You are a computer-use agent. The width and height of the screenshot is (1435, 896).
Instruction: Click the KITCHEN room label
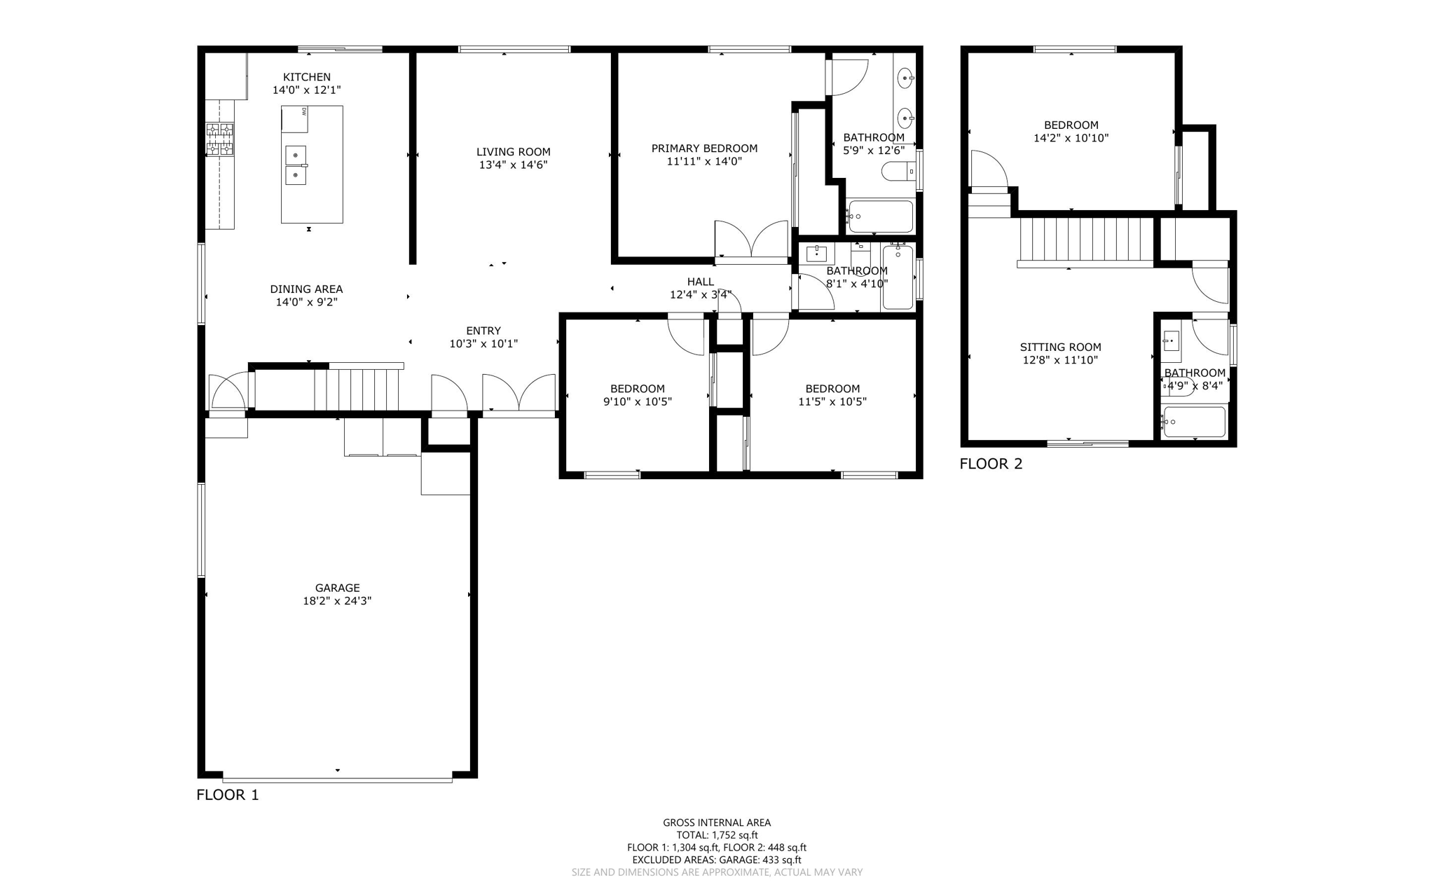point(306,77)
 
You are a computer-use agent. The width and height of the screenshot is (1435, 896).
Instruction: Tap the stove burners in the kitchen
point(219,139)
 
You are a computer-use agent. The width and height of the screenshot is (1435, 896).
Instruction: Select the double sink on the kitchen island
point(296,165)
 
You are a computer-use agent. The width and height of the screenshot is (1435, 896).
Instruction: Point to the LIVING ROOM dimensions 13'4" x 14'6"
point(513,165)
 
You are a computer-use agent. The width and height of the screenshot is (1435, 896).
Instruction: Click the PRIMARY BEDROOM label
point(704,149)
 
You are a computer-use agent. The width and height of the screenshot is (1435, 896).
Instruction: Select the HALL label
point(700,282)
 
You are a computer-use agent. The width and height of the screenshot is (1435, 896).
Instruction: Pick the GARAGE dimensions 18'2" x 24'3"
point(337,600)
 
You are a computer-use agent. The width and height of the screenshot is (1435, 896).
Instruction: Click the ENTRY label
point(483,331)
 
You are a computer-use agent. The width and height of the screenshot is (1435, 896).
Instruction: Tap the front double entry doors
point(519,394)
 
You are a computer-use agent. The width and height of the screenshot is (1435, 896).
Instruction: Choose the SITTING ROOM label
point(1060,347)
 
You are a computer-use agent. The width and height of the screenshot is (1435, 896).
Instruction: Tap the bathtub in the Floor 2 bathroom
point(1195,422)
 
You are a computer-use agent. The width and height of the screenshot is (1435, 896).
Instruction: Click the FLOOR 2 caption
point(990,464)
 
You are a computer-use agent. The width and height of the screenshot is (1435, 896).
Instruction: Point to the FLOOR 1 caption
point(227,794)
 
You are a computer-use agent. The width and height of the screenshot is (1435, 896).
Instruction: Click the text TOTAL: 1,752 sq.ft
point(717,835)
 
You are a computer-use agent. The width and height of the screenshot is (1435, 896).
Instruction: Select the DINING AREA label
point(306,289)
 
